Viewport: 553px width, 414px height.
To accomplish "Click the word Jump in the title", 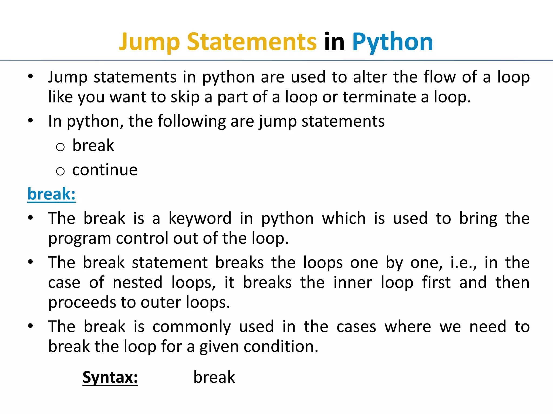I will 149,42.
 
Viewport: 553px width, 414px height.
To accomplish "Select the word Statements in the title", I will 252,42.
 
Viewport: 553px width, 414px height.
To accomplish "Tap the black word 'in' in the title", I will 334,42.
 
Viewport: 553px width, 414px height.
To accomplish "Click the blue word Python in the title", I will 392,42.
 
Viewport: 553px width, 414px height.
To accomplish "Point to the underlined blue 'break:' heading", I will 51,194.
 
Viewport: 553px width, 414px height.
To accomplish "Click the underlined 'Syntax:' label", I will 110,377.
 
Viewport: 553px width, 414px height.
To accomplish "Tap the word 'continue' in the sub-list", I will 105,170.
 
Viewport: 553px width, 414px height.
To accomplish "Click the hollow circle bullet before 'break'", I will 60,147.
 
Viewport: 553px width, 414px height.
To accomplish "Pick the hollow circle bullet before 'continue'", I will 60,171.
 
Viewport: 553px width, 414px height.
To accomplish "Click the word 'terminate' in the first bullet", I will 379,97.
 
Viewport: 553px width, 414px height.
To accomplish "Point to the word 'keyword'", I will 200,218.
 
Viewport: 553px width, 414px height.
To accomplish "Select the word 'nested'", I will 137,282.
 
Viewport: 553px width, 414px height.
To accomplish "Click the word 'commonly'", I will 191,326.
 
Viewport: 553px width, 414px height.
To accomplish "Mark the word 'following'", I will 191,121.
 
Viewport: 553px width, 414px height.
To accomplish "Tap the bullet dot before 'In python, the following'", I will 31,120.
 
